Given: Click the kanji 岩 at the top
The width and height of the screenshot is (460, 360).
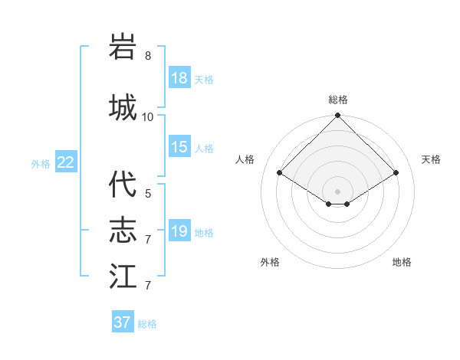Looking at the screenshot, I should click(x=123, y=47).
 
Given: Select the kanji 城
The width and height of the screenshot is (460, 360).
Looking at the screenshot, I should click(x=123, y=106).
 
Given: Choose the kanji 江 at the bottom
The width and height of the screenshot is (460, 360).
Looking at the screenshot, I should click(x=123, y=276).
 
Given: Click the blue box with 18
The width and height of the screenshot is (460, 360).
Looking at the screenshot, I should click(x=179, y=79).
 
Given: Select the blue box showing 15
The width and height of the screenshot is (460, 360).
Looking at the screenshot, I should click(x=179, y=147).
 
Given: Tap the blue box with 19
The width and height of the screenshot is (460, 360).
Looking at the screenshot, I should click(x=179, y=231).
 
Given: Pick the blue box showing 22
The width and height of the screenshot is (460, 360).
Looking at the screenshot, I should click(x=66, y=162).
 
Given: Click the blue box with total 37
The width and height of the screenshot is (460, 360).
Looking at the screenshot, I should click(x=123, y=322).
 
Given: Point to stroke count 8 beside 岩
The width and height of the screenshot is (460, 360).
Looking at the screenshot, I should click(x=148, y=56).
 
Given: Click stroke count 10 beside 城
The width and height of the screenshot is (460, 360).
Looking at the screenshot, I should click(x=148, y=116).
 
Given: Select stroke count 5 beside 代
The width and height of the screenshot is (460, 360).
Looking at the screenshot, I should click(x=148, y=194).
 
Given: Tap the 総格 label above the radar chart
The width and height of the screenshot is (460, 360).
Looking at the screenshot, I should click(x=337, y=100).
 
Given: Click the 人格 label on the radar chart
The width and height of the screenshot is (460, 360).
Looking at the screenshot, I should click(x=245, y=159).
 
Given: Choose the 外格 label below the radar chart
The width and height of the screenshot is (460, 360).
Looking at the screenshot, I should click(x=270, y=262).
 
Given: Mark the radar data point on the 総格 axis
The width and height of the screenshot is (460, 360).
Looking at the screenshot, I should click(x=337, y=116).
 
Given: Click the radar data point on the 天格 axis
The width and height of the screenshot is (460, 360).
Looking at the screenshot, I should click(x=396, y=173).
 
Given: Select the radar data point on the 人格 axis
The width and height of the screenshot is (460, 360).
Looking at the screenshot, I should click(x=280, y=173).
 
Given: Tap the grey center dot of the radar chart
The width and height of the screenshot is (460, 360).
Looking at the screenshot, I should click(x=337, y=191).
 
